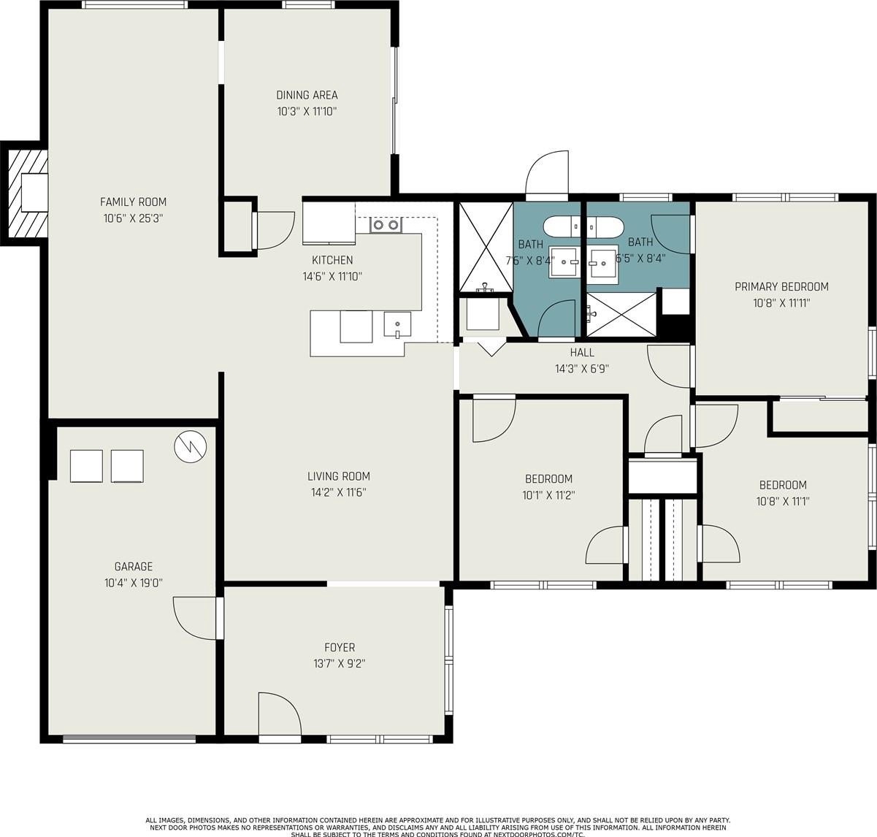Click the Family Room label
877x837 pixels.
coord(133,202)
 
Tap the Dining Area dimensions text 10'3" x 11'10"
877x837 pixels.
coord(307,112)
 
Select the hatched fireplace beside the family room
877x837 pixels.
coord(28,193)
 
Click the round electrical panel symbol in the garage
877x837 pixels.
coord(191,446)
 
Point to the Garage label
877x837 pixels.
coord(134,567)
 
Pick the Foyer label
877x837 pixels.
coord(340,647)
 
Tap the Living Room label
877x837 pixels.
coord(339,476)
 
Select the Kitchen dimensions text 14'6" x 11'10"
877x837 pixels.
coord(332,277)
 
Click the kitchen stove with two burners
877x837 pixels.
coord(386,225)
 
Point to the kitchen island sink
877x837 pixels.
coord(397,324)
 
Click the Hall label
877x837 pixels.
coord(582,353)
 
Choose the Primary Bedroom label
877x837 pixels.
coord(781,286)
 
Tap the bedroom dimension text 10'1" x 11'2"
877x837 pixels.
coord(548,495)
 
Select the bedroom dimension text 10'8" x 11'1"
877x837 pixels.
coord(783,502)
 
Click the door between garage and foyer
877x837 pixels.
coord(196,619)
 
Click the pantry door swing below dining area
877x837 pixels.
coord(273,230)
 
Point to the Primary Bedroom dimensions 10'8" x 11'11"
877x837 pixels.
coord(781,303)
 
